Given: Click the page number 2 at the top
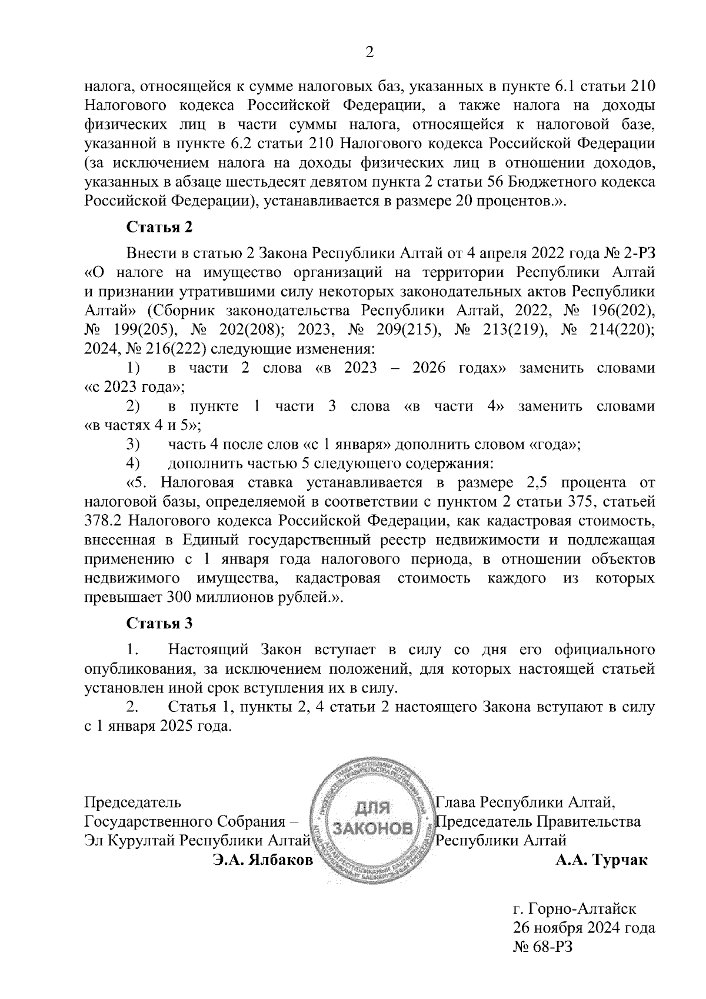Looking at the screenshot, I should click(369, 52).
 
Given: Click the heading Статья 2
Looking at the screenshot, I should click(159, 227).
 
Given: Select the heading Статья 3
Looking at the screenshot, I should click(159, 623).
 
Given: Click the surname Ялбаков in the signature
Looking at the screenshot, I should click(281, 860).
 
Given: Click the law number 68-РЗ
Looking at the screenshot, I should click(551, 947).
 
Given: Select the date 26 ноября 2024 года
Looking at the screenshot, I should click(584, 928).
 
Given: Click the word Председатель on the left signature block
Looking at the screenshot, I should click(133, 802).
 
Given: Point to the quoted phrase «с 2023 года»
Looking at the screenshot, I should click(135, 387).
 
